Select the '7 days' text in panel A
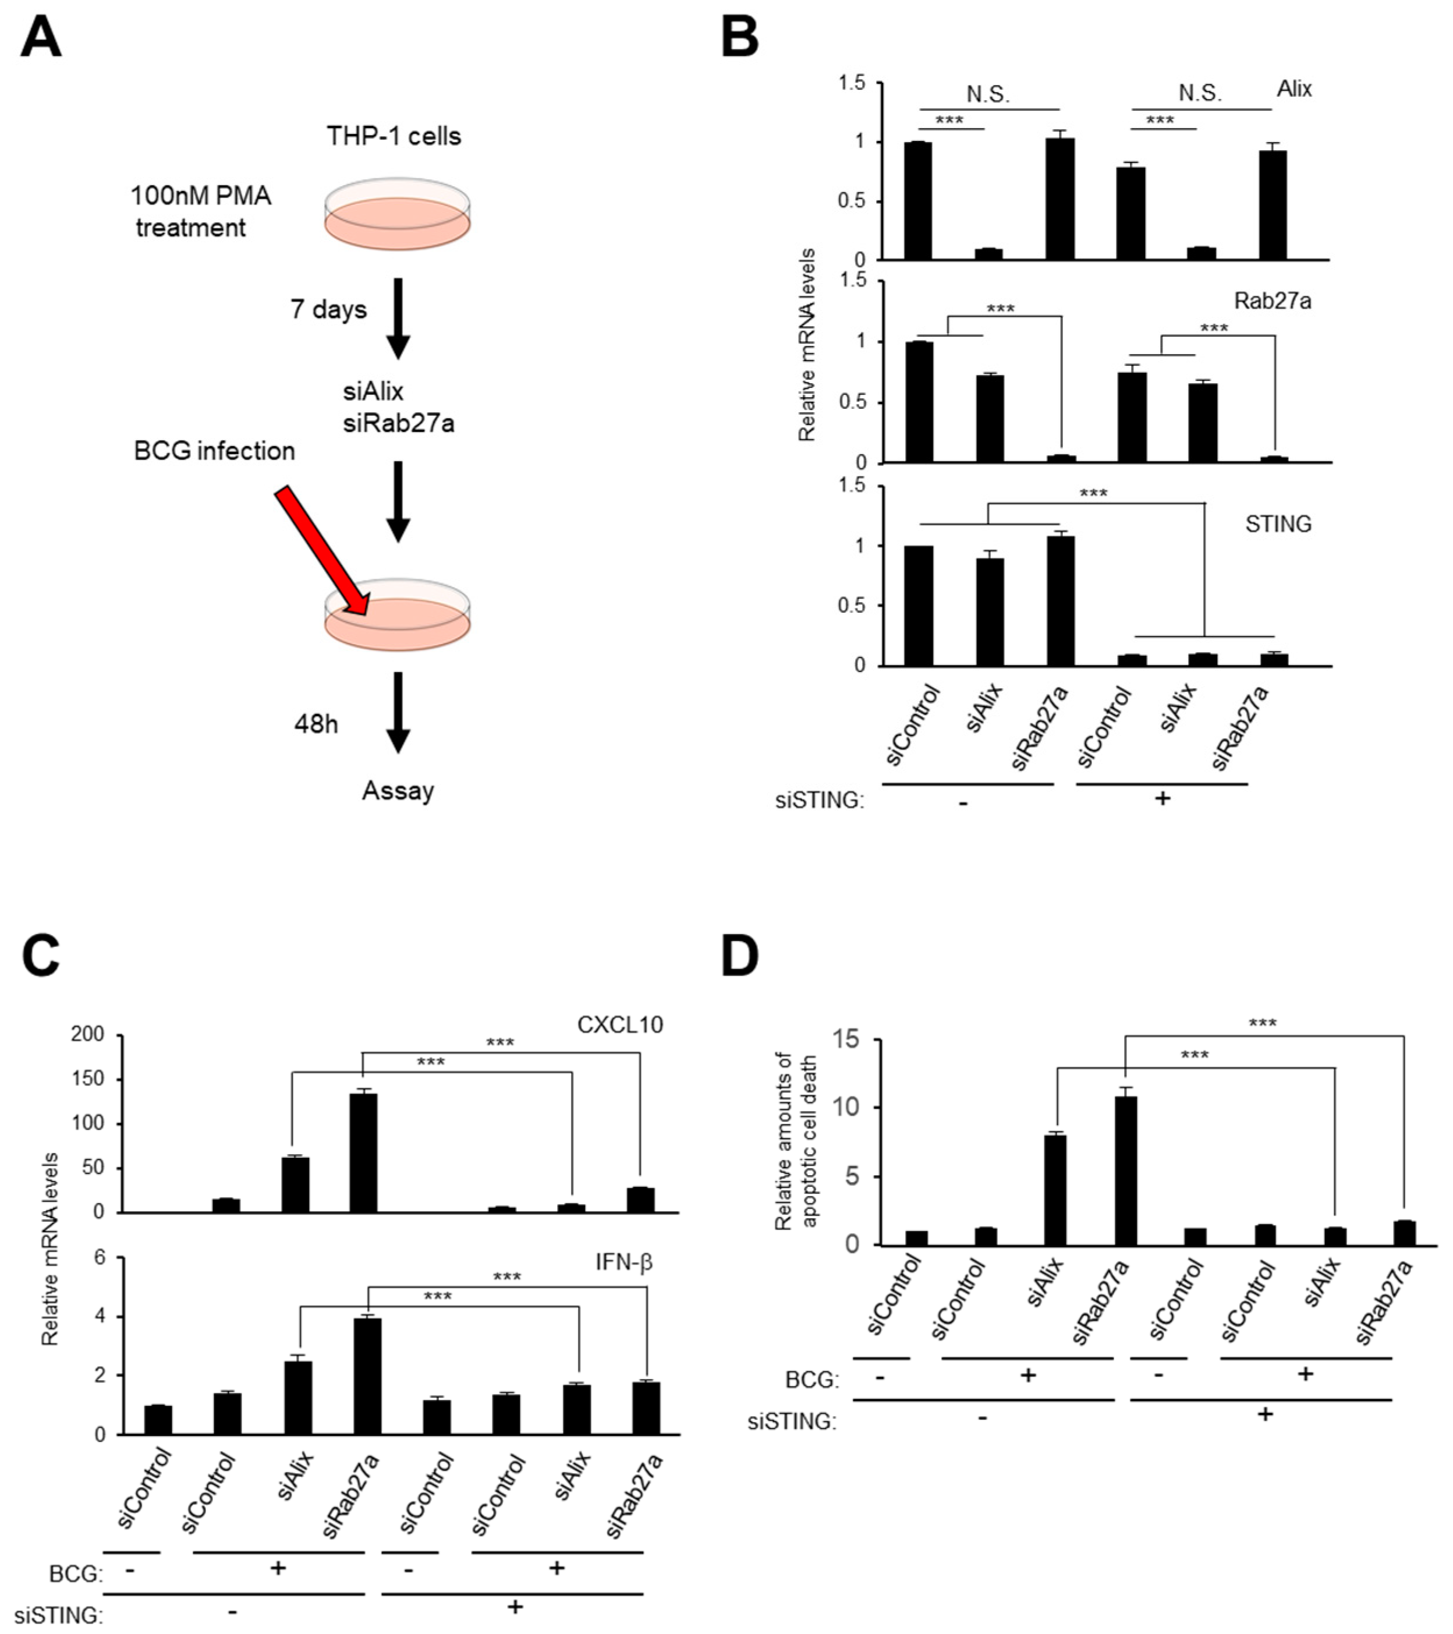pos(328,309)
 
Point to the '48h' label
pos(316,724)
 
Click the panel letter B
pos(740,38)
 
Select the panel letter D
pos(740,957)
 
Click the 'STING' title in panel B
pos(1278,525)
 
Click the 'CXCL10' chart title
pos(619,1025)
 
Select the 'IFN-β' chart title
pos(623,1263)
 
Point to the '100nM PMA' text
pos(201,196)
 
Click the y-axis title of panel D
pos(796,1141)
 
